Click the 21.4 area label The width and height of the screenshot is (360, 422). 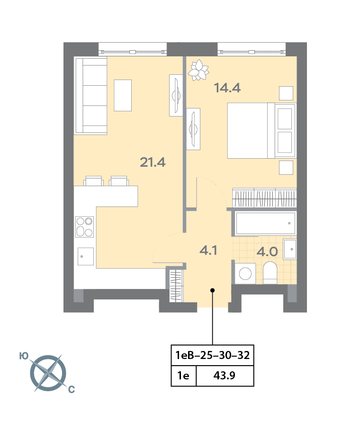pos(153,162)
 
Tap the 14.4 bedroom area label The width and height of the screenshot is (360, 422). pos(227,88)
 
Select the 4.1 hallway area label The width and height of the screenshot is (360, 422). pos(208,250)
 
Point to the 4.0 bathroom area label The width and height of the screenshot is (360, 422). pos(267,251)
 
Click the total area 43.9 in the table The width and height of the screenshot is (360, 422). pos(225,375)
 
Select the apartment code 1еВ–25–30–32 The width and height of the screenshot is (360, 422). pos(212,355)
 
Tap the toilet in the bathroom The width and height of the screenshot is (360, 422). pos(270,273)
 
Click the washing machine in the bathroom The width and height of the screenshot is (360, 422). pos(245,273)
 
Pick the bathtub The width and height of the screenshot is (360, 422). pos(266,224)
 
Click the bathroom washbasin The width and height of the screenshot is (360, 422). pos(290,249)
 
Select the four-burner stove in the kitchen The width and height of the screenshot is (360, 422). pos(84,226)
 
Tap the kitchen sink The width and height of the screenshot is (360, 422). pos(86,256)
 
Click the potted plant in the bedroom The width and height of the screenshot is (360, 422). pos(198,70)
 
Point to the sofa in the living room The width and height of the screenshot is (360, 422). pos(91,96)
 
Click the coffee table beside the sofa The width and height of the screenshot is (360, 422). pos(123,95)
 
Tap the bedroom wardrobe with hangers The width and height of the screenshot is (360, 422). pos(264,198)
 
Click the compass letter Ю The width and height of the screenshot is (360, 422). pos(24,356)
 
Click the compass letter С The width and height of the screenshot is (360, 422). pos(72,389)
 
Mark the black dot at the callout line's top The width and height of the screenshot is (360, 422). pos(212,290)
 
